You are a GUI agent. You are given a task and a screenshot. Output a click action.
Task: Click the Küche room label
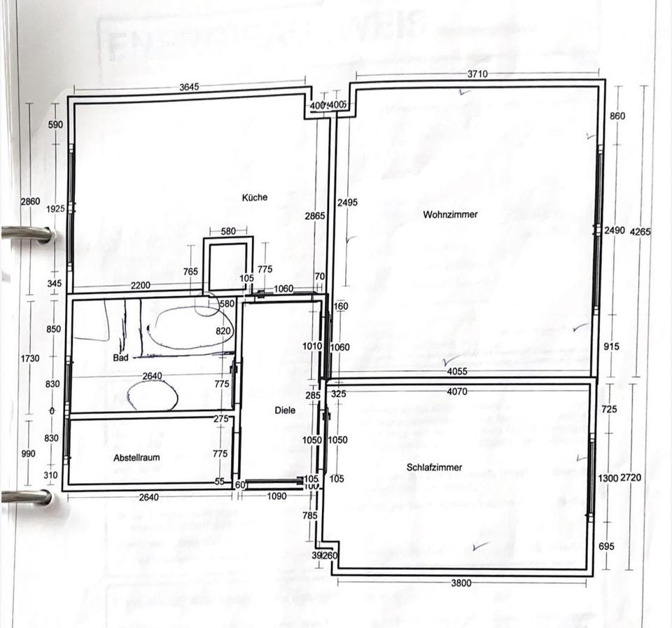[x=255, y=197]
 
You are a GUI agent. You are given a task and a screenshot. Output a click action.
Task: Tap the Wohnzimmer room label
[x=450, y=214]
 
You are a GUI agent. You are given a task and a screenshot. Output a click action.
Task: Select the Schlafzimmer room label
[x=433, y=467]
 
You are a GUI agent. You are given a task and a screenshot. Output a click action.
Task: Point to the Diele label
[x=286, y=411]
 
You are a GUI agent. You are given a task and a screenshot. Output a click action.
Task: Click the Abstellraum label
[x=137, y=457]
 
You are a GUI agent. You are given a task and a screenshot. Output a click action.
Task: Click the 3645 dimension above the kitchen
[x=189, y=87]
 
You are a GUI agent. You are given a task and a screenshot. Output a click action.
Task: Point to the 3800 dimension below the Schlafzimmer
[x=461, y=582]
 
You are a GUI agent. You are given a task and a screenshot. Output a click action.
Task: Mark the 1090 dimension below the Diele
[x=278, y=497]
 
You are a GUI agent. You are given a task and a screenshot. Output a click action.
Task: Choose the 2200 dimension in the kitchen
[x=141, y=286]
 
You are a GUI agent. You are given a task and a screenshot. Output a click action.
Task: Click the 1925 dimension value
[x=56, y=209]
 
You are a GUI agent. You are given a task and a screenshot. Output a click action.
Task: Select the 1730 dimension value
[x=31, y=358]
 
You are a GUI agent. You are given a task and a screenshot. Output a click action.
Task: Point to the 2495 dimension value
[x=347, y=202]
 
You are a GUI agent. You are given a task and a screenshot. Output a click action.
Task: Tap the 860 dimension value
[x=617, y=116]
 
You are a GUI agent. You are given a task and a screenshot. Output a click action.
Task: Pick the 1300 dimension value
[x=608, y=477]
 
